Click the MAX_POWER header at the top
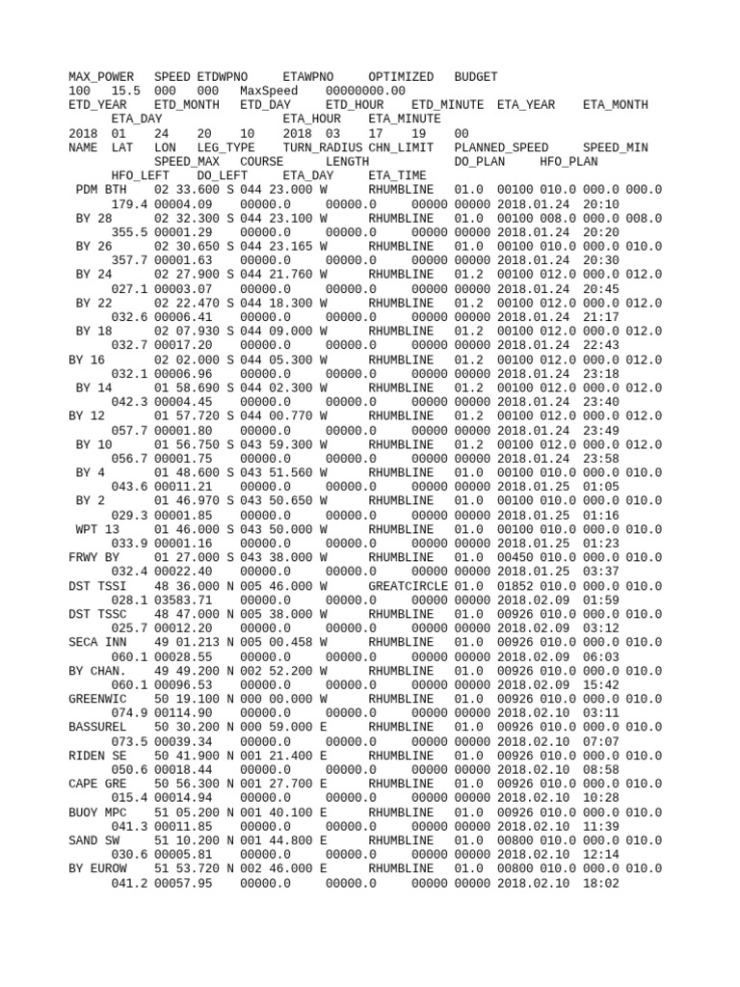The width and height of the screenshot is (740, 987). coord(100,76)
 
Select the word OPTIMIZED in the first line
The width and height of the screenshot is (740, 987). coord(401,76)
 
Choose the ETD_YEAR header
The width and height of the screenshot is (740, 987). coord(97,104)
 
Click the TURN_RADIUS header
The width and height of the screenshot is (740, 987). coord(322,147)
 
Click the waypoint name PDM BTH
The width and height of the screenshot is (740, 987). coord(100,190)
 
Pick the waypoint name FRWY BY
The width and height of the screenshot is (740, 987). coord(93,557)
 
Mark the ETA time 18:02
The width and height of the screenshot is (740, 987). coord(600,883)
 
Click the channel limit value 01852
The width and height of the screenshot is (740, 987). coord(515,586)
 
